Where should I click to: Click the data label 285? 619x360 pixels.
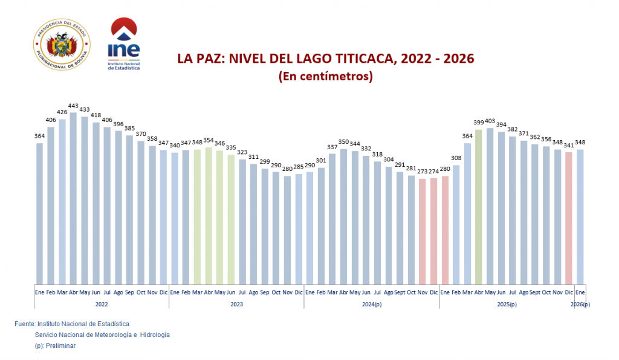(298, 167)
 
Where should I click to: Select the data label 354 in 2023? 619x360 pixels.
(209, 140)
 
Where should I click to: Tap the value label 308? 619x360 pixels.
(456, 158)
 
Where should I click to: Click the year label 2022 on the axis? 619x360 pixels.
(101, 304)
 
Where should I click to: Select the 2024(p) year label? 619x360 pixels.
(371, 304)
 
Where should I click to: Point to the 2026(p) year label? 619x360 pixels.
(580, 304)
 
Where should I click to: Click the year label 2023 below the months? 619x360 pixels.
(236, 304)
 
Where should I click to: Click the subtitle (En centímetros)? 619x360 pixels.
(325, 77)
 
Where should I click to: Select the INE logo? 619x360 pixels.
(123, 44)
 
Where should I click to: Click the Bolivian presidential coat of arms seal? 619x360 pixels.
(60, 45)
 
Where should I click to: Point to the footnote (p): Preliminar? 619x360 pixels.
(55, 346)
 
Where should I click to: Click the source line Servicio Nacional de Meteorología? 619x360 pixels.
(102, 335)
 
